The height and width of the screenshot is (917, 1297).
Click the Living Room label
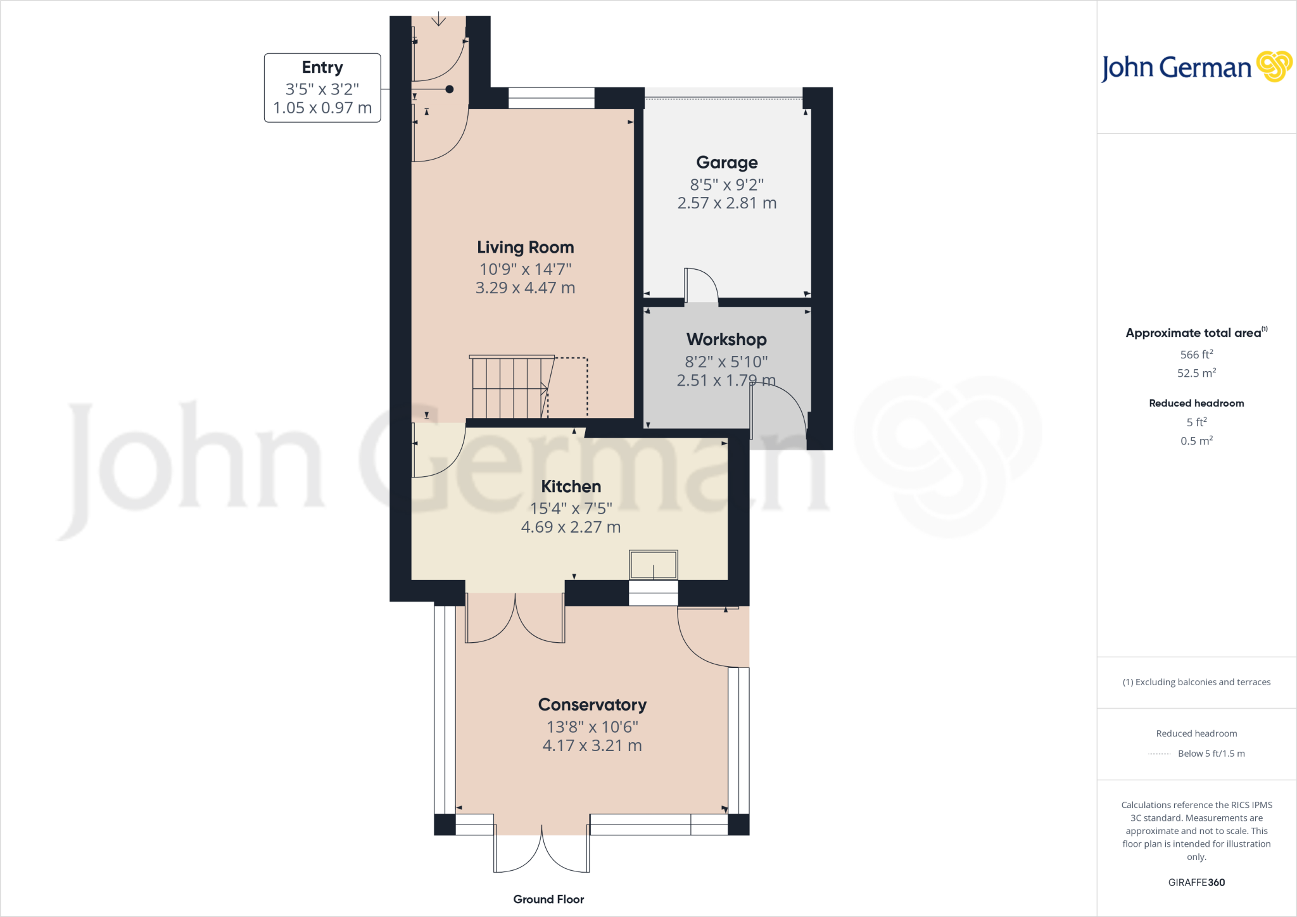coord(525,247)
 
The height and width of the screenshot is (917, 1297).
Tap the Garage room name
coord(726,163)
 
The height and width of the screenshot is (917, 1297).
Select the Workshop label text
coord(726,339)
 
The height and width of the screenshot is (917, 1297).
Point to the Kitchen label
coord(571,486)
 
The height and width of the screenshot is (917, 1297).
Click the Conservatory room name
coord(592,705)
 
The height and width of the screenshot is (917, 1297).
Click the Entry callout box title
coord(322,67)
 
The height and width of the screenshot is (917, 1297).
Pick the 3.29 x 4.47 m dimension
coord(525,288)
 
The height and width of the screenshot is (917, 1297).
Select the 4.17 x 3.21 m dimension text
coord(592,745)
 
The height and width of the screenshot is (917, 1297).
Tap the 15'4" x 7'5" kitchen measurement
coord(571,508)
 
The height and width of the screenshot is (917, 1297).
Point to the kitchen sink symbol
coord(653,564)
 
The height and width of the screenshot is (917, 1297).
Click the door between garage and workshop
coord(700,286)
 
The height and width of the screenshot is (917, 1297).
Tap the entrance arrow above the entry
coord(438,19)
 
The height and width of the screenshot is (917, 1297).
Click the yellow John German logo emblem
coord(1274,66)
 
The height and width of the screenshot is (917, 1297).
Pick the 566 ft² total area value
coord(1196,355)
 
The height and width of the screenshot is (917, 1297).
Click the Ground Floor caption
coord(548,899)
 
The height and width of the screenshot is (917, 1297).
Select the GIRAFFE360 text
coord(1196,882)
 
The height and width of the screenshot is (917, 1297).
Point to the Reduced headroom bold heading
coord(1196,403)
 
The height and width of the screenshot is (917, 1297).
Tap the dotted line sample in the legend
coord(1159,754)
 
